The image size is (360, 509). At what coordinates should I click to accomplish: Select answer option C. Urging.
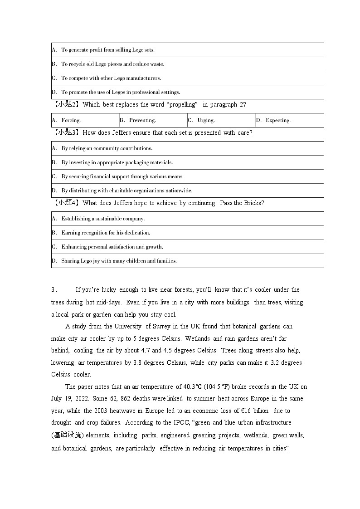pyautogui.click(x=201, y=120)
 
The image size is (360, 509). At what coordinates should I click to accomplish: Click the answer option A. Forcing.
pyautogui.click(x=66, y=120)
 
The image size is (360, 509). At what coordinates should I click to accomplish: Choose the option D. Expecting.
pyautogui.click(x=273, y=120)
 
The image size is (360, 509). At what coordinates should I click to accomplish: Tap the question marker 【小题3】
pyautogui.click(x=66, y=132)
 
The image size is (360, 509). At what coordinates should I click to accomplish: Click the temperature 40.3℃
pyautogui.click(x=192, y=387)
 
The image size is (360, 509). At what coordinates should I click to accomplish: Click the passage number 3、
pyautogui.click(x=54, y=290)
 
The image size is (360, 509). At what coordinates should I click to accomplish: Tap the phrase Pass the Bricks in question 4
pyautogui.click(x=241, y=203)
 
